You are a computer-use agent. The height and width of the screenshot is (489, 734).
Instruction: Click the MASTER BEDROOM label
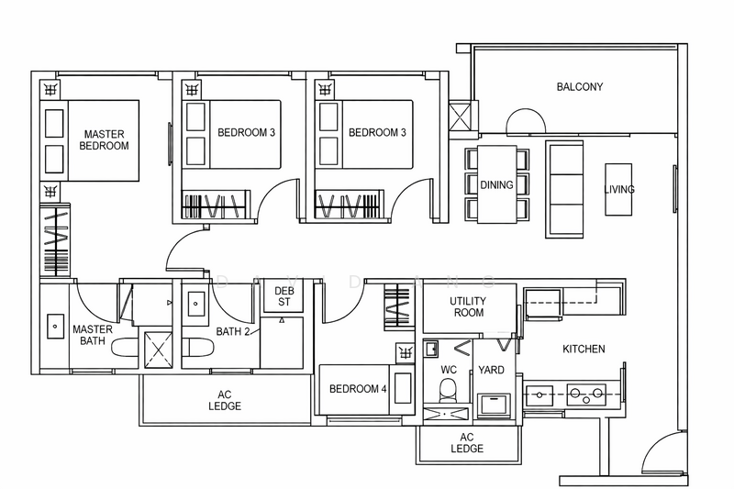(x=104, y=140)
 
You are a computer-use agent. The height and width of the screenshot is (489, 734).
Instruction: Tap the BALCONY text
(x=580, y=86)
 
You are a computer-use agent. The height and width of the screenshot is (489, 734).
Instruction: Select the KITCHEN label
(x=584, y=349)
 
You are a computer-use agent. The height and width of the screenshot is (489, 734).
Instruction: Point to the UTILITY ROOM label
(x=468, y=306)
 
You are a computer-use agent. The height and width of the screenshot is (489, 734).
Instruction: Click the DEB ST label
(x=284, y=296)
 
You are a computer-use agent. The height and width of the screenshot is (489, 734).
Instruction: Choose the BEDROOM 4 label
(x=358, y=389)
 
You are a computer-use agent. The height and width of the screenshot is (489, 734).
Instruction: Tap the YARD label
(x=491, y=370)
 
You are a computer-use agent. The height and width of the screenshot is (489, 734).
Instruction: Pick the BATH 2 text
(x=233, y=332)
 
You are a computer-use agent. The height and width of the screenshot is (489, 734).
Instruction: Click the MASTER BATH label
(x=93, y=335)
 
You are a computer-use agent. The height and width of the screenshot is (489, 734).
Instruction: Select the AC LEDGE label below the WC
(x=467, y=443)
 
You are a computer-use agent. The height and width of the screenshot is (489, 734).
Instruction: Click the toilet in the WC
(x=449, y=389)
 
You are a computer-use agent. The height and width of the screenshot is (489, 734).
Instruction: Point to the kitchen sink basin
(x=539, y=395)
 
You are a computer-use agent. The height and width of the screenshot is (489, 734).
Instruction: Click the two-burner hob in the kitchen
(x=586, y=395)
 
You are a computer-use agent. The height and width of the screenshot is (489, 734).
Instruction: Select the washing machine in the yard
(x=494, y=404)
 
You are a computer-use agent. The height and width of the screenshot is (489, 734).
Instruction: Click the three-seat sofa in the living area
(x=564, y=190)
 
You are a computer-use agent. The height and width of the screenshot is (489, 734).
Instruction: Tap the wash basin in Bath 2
(x=195, y=304)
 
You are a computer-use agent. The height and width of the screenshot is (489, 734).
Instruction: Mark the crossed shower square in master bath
(x=158, y=350)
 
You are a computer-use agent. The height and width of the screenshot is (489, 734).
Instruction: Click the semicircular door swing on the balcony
(x=526, y=121)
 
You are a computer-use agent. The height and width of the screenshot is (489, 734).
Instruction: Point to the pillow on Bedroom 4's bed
(x=403, y=388)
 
